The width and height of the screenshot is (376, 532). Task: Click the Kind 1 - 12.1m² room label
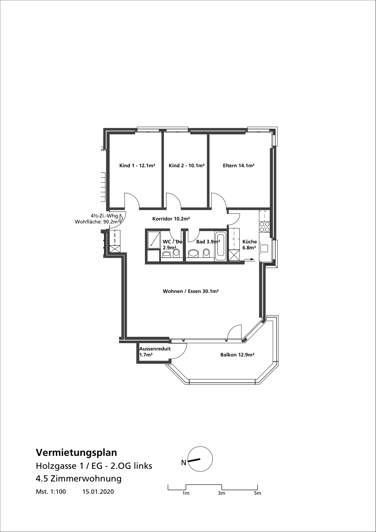pos(137,166)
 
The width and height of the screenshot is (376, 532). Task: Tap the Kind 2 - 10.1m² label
pos(187,166)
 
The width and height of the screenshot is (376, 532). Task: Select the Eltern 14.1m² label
pos(238,166)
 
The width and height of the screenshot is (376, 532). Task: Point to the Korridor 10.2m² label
pos(171,219)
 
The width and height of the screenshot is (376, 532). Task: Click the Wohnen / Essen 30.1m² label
pos(190,291)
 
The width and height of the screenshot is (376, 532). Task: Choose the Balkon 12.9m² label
pos(237,355)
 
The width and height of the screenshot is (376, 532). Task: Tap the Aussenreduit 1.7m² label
pos(155,352)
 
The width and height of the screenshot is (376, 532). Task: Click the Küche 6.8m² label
pos(249,245)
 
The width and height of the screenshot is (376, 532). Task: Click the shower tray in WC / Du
pos(154,239)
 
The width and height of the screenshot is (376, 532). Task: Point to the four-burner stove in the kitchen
pos(264,227)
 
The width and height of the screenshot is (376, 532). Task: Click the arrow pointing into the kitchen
pos(249,260)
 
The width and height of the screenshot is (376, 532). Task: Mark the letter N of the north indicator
pos(184,463)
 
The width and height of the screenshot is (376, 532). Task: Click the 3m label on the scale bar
pos(221,493)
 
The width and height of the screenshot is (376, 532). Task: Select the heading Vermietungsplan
pos(76,453)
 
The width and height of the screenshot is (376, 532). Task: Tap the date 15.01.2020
pos(98,492)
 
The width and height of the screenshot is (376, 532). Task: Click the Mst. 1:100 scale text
pos(51,492)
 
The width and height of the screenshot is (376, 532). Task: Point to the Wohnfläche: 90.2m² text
pos(97,222)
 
